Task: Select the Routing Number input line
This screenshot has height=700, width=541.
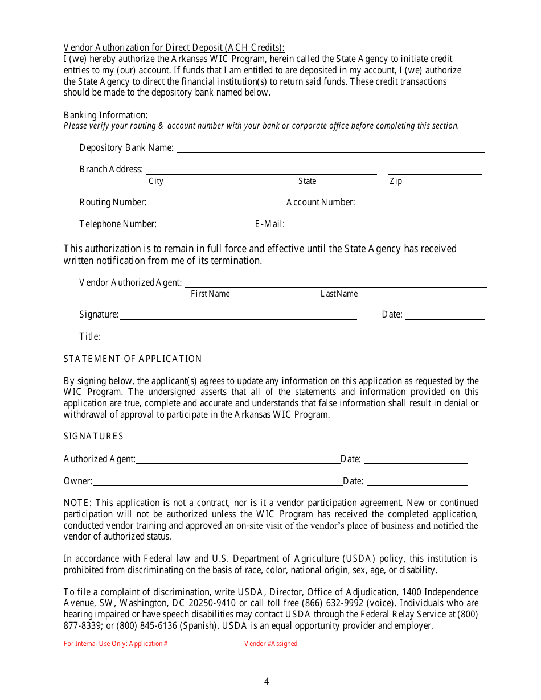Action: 210,203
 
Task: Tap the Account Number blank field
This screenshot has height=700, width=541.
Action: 422,203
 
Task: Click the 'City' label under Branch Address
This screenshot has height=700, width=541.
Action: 156,181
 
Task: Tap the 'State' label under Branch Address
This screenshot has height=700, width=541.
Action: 307,181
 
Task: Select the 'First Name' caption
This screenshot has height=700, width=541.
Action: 210,294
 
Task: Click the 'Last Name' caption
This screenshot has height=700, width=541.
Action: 339,294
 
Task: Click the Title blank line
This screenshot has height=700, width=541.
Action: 230,337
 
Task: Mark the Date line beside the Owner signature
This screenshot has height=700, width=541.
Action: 417,481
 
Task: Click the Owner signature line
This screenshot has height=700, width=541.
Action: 218,481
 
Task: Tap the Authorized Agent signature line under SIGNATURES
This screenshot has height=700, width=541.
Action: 237,460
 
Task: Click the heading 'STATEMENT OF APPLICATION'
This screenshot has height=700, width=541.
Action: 133,359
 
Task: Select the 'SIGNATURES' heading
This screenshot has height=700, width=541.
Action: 93,437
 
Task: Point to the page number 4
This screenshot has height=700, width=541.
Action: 267,682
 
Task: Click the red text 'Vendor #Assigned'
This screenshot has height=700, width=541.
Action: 270,644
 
